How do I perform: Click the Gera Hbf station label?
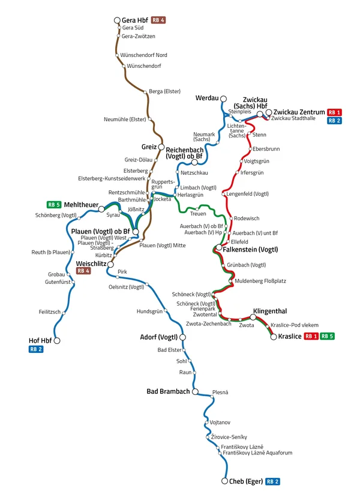(x=136, y=20)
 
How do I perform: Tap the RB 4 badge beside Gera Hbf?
(x=158, y=20)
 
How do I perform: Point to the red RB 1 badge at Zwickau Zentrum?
(x=334, y=112)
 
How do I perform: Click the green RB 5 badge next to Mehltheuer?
(x=54, y=205)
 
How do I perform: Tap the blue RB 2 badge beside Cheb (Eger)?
(x=274, y=481)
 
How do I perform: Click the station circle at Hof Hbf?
(x=58, y=340)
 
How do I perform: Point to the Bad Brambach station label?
(x=168, y=391)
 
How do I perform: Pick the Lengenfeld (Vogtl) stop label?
(x=248, y=194)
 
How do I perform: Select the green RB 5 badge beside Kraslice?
(x=327, y=336)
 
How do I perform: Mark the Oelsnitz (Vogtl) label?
(x=126, y=286)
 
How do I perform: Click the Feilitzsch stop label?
(x=50, y=313)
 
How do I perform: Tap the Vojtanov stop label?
(x=220, y=422)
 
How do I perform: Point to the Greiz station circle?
(x=161, y=146)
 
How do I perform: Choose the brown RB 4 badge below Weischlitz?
(x=83, y=271)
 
